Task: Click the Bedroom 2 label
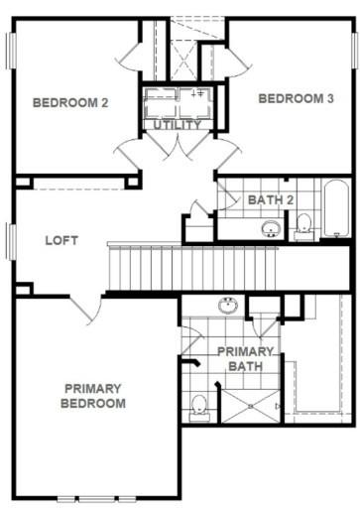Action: tap(70, 102)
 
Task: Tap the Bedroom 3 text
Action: tap(296, 98)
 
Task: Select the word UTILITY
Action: tap(178, 125)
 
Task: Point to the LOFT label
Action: tap(61, 240)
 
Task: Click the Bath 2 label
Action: tap(271, 199)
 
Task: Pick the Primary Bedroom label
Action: tap(93, 396)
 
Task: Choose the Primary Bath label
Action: tap(245, 359)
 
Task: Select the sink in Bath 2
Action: tap(271, 228)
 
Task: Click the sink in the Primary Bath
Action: tap(228, 305)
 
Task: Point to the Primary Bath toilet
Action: tap(199, 408)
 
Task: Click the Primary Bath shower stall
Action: tap(251, 406)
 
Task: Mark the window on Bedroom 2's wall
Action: tap(12, 51)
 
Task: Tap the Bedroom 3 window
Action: tap(355, 51)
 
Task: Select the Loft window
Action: tap(12, 242)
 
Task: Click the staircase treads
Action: tap(192, 268)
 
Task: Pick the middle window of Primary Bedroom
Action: tap(96, 499)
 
